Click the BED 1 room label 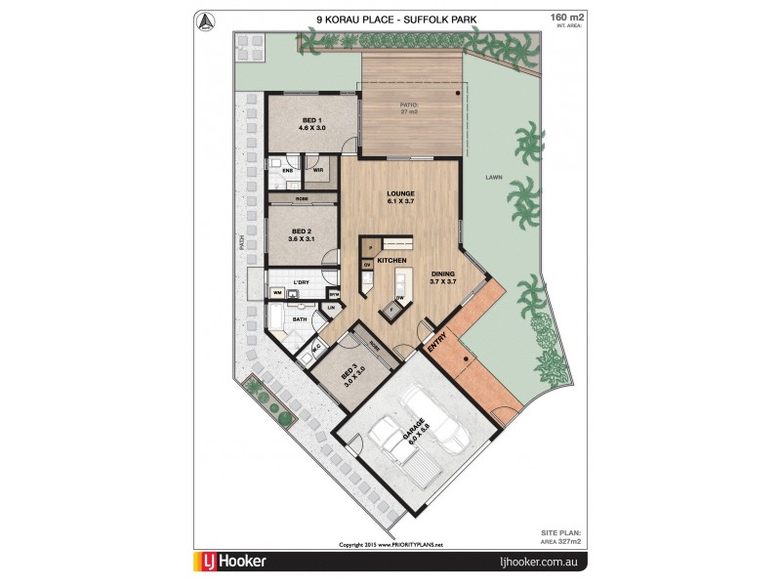(301, 124)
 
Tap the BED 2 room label (301, 234)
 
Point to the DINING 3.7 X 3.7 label (443, 278)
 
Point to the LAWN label (492, 179)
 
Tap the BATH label (299, 318)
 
